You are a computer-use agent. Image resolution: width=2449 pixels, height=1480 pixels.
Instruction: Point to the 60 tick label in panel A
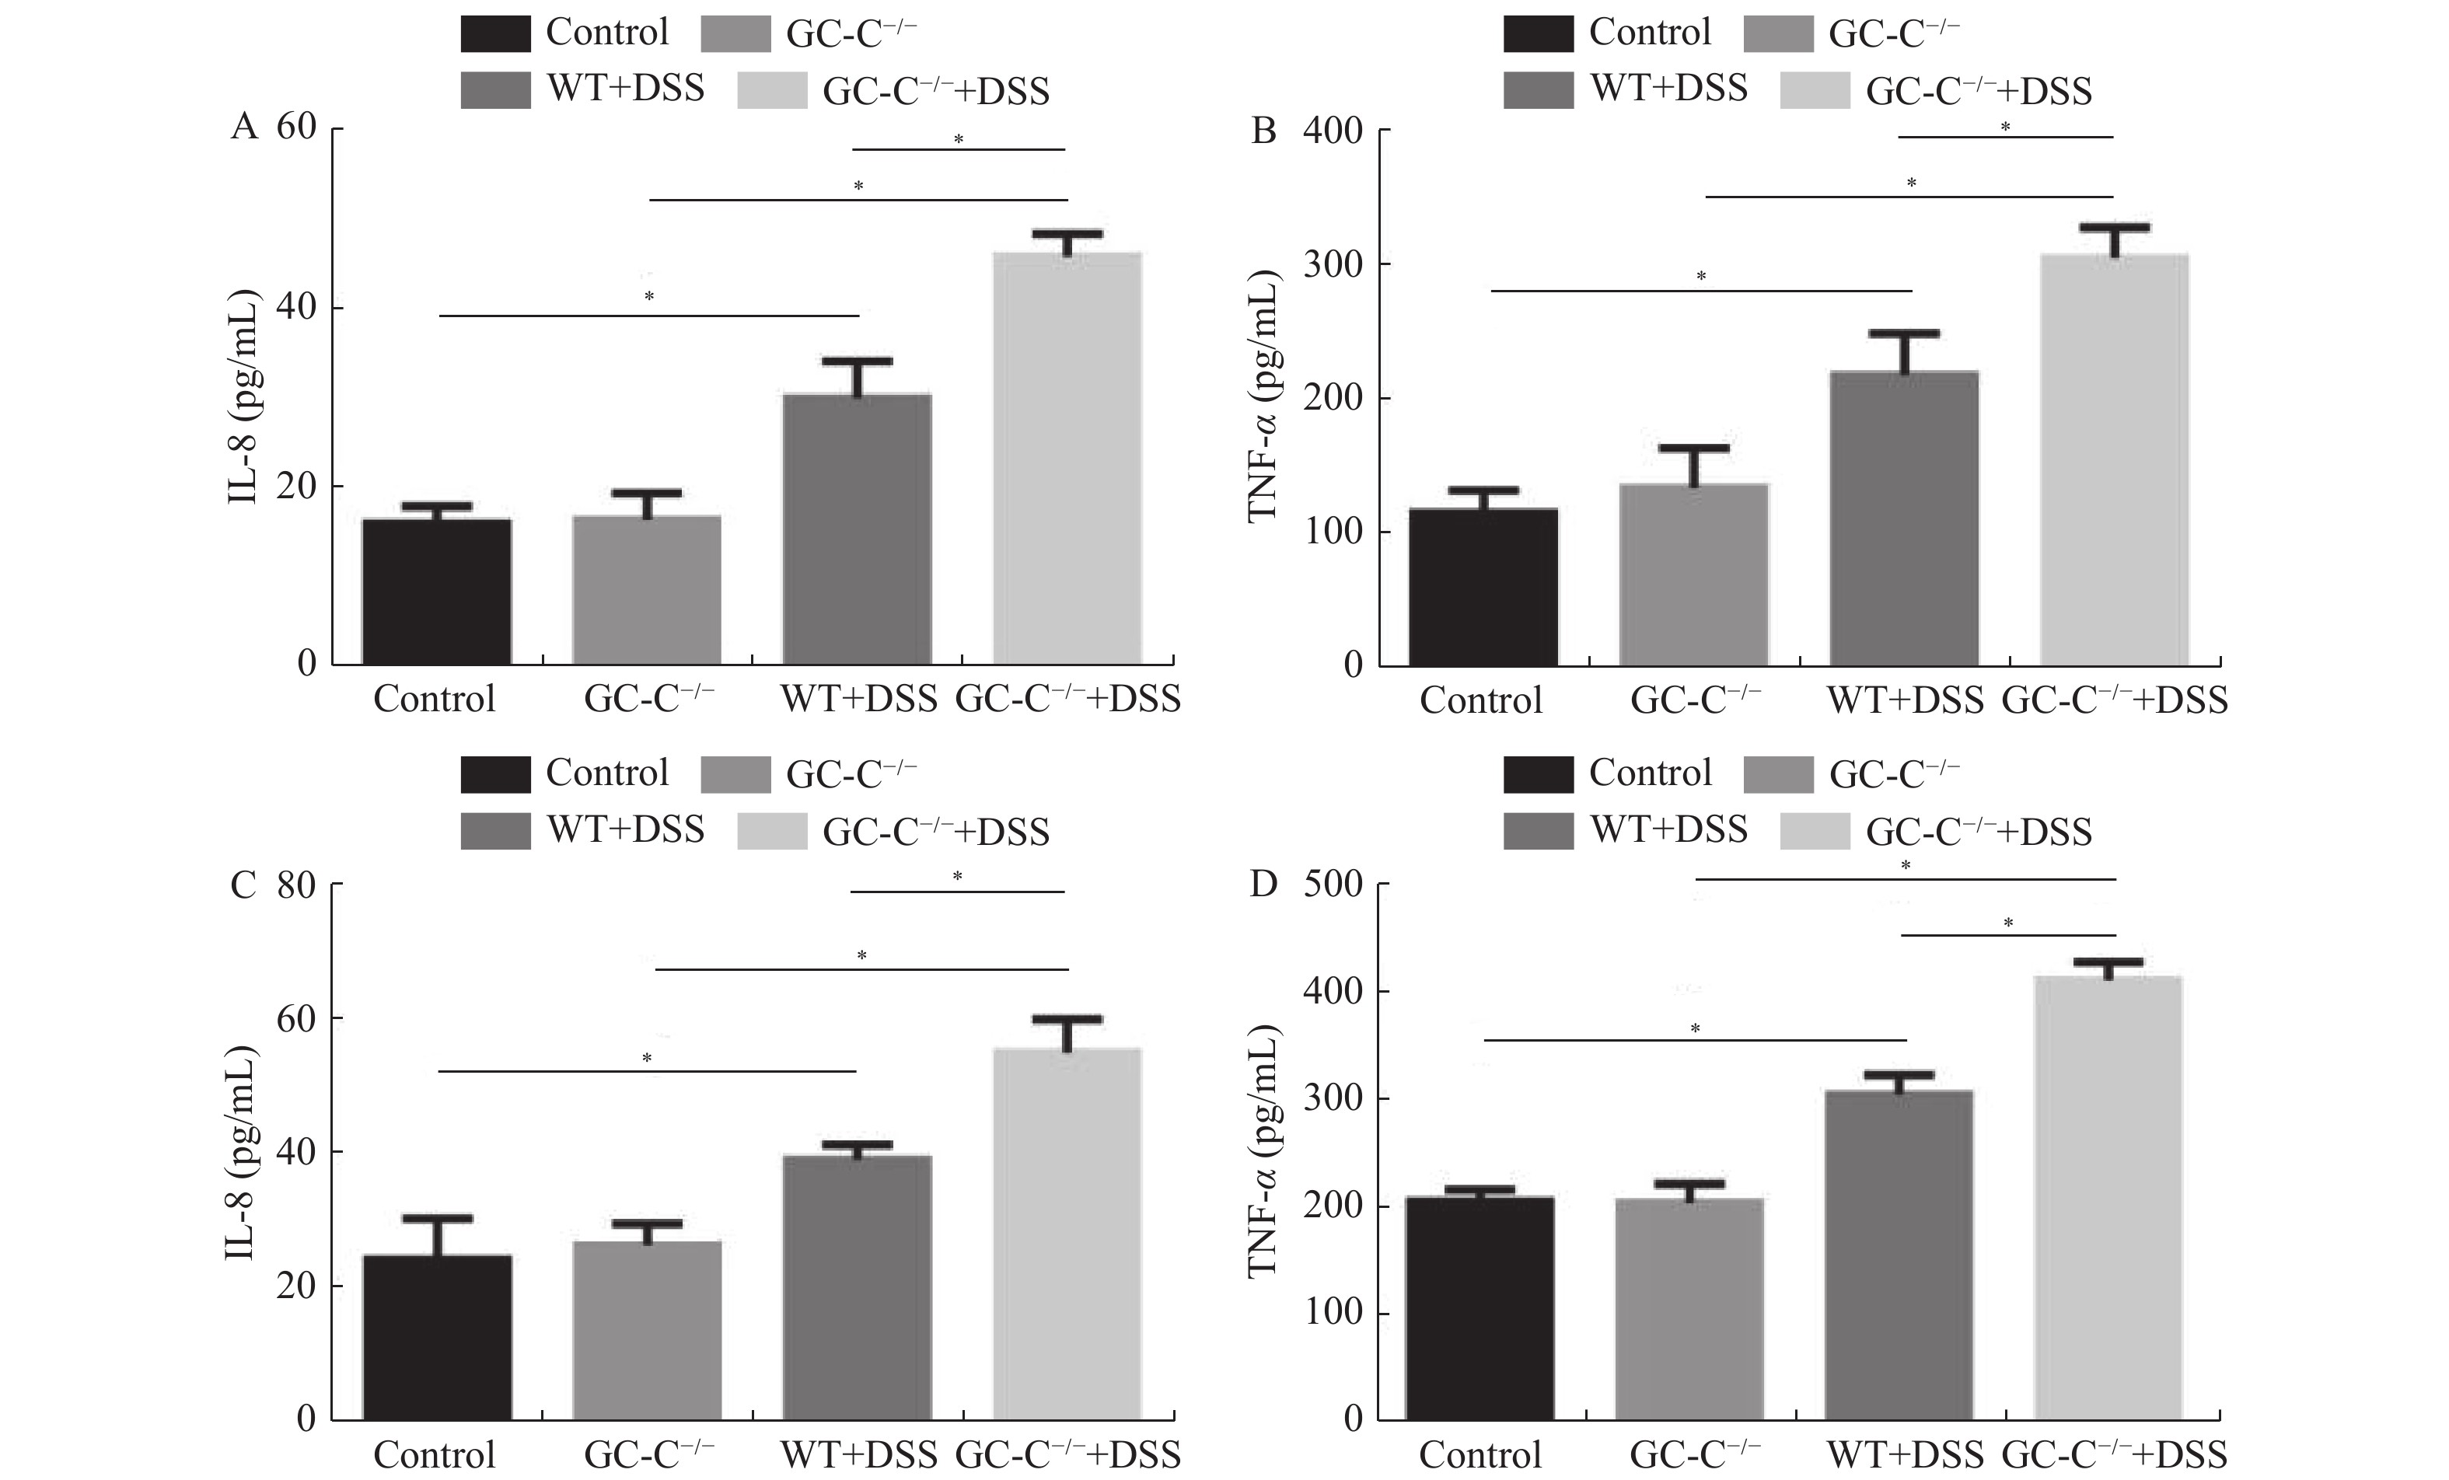tap(296, 127)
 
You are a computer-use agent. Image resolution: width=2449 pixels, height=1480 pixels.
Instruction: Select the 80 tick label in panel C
tap(296, 885)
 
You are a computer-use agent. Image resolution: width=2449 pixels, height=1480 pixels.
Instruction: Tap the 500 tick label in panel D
tap(1333, 884)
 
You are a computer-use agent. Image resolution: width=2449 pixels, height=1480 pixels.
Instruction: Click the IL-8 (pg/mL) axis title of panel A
tap(243, 396)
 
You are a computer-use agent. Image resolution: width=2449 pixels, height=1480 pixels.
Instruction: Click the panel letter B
tap(1263, 131)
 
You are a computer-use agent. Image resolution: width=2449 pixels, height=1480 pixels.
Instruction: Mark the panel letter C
tap(243, 885)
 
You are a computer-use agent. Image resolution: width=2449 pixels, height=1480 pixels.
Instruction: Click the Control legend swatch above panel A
tap(495, 33)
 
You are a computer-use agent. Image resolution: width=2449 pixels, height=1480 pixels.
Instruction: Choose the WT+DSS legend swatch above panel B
tap(1538, 89)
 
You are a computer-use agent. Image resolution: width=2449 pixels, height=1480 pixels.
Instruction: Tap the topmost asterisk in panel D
tap(1906, 867)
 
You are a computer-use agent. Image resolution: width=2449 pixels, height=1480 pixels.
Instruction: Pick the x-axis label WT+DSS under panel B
tap(1904, 700)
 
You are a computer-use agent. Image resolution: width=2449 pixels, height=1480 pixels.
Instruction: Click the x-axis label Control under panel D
tap(1480, 1455)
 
